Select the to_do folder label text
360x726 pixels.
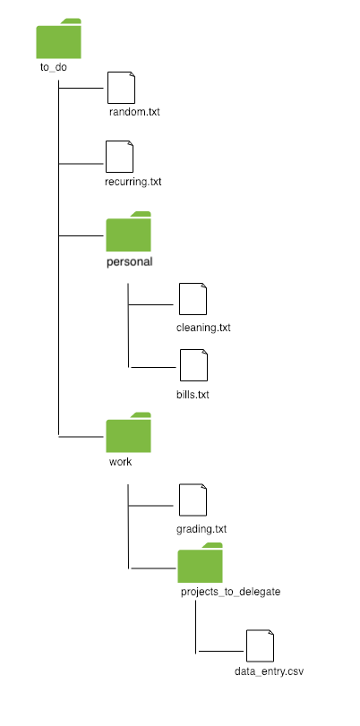tap(54, 67)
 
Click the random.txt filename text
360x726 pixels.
tap(134, 113)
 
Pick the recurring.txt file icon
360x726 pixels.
tap(119, 157)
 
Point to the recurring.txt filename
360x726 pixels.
tap(133, 182)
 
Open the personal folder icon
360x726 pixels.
tap(128, 233)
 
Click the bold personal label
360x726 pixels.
tap(130, 261)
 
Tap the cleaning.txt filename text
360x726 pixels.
tap(203, 328)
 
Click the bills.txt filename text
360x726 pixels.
tap(193, 393)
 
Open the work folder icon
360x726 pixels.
tap(128, 433)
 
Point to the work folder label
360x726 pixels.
tap(120, 461)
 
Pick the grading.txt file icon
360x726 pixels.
tap(193, 500)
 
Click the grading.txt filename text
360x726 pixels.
tap(201, 528)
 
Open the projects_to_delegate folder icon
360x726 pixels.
tap(200, 564)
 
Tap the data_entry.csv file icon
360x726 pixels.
tap(260, 645)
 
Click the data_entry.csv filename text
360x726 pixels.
tap(264, 670)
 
